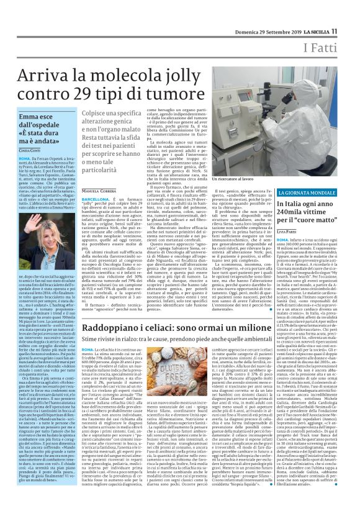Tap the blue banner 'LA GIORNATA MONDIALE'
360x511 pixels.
click(x=304, y=193)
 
